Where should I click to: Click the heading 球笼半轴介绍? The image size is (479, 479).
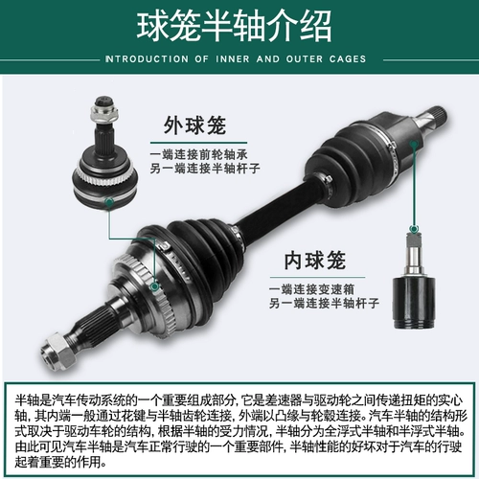[x=239, y=26]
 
